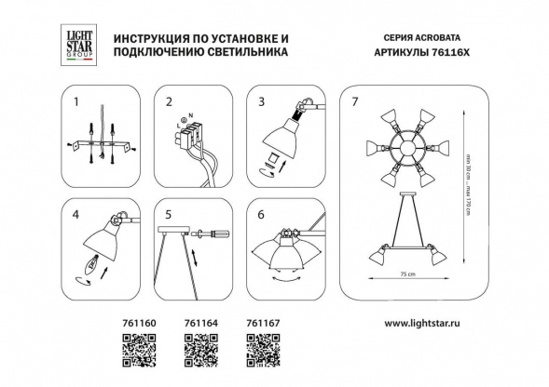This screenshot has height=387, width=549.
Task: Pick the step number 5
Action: click(169, 214)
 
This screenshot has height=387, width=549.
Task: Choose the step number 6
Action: click(262, 214)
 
